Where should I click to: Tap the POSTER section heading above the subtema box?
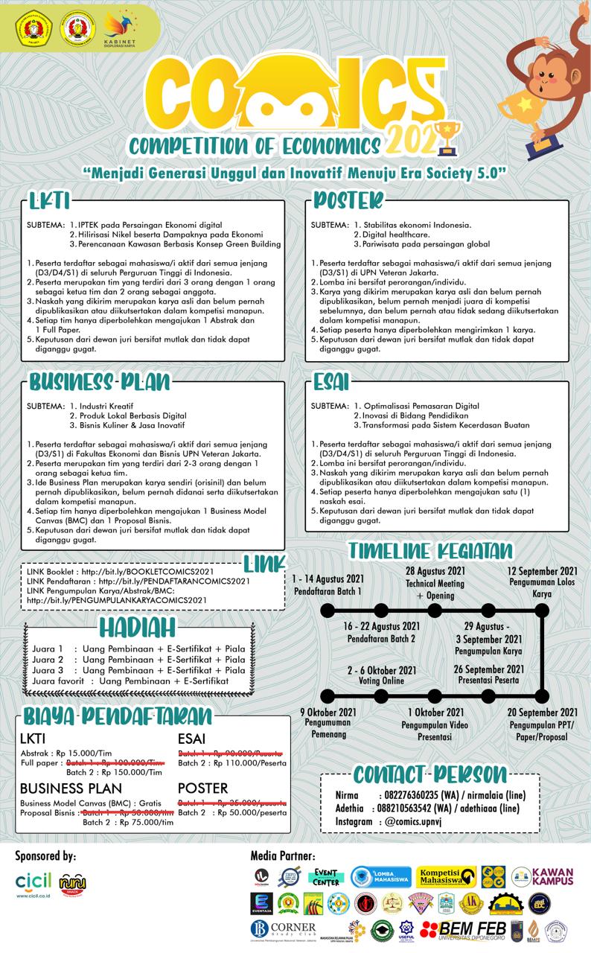348,201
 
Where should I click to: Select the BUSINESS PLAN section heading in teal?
100,382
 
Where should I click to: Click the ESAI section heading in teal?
331,382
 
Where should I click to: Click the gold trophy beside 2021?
450,136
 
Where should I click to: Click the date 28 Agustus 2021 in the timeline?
435,571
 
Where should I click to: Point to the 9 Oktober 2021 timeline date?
328,713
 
